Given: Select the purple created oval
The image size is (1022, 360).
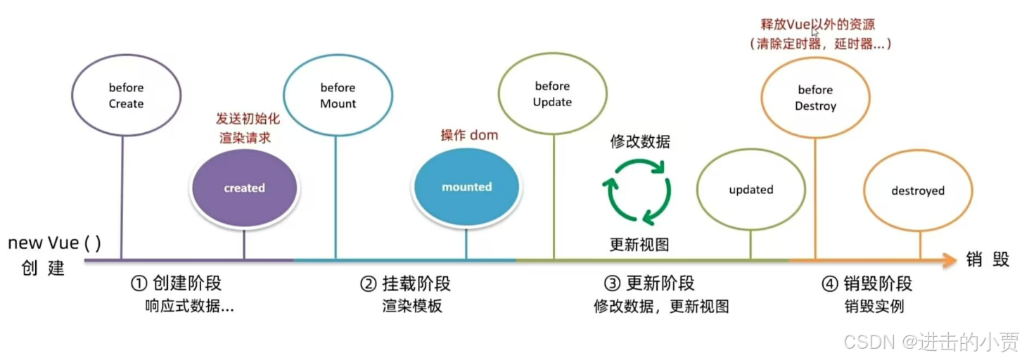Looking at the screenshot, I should [244, 188].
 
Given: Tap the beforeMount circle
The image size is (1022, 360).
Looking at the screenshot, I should [338, 96].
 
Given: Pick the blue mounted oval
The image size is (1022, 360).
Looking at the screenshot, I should [466, 187].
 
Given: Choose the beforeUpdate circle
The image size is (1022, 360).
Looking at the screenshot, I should [553, 94].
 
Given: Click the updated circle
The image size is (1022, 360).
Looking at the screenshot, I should [750, 190].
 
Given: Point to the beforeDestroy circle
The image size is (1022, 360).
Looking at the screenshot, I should [815, 98].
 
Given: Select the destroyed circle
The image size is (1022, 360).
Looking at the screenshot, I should [917, 191].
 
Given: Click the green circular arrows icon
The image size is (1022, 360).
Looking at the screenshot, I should [637, 191].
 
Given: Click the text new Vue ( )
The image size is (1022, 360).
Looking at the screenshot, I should [54, 243].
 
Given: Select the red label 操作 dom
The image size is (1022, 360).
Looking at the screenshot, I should [469, 135].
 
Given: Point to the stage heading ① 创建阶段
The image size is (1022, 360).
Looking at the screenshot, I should [177, 283].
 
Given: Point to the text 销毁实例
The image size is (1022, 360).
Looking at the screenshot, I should [874, 307].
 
